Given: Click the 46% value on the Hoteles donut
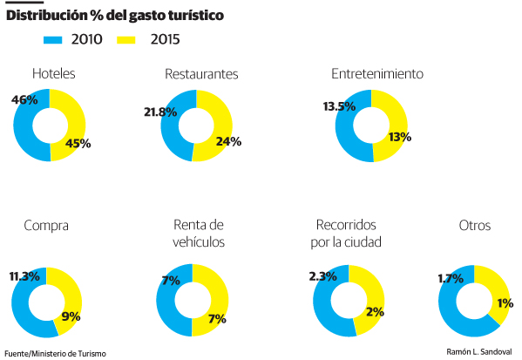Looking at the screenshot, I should coord(24,100).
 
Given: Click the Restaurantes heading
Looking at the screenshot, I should coord(201,74).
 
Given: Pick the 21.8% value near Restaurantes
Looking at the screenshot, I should coord(160,112).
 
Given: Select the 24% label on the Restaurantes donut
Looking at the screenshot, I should coord(229,140).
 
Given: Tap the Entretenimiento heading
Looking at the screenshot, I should coord(377,74).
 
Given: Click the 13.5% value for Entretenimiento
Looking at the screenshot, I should coord(338,107).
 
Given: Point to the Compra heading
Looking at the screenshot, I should coord(46,226).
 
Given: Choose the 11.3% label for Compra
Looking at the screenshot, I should coord(25,276).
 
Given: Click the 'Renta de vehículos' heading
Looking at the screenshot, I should coord(199,234).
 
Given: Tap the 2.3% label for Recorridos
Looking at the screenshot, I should coord(323,276).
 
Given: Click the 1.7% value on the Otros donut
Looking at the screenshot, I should coord(451,279).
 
